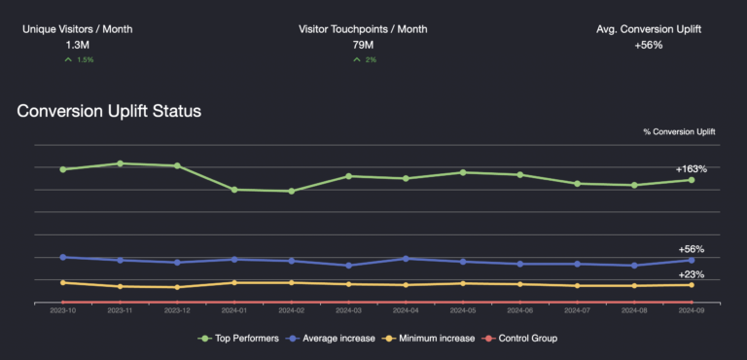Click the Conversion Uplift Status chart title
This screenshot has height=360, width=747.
pyautogui.click(x=109, y=111)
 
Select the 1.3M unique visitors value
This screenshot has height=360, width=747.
pyautogui.click(x=78, y=45)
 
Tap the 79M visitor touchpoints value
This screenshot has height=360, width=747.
pyautogui.click(x=363, y=45)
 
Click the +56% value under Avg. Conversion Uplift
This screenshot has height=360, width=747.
pyautogui.click(x=649, y=45)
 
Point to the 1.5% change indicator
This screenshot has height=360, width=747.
pyautogui.click(x=79, y=60)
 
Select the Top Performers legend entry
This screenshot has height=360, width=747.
pyautogui.click(x=239, y=338)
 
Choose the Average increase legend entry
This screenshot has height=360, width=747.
pyautogui.click(x=331, y=338)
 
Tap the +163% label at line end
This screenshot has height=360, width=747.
pyautogui.click(x=691, y=168)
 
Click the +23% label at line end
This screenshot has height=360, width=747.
pyautogui.click(x=691, y=274)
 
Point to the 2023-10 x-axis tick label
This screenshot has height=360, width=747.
pyautogui.click(x=63, y=310)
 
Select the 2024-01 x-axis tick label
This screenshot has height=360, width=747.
pyautogui.click(x=234, y=310)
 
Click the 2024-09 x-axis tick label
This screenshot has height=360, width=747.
pyautogui.click(x=692, y=310)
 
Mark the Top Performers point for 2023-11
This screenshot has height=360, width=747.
pyautogui.click(x=120, y=163)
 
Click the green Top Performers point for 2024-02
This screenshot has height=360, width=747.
pyautogui.click(x=292, y=191)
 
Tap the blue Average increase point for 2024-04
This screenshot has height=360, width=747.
pyautogui.click(x=406, y=258)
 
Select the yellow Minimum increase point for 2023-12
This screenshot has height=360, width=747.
pyautogui.click(x=177, y=287)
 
